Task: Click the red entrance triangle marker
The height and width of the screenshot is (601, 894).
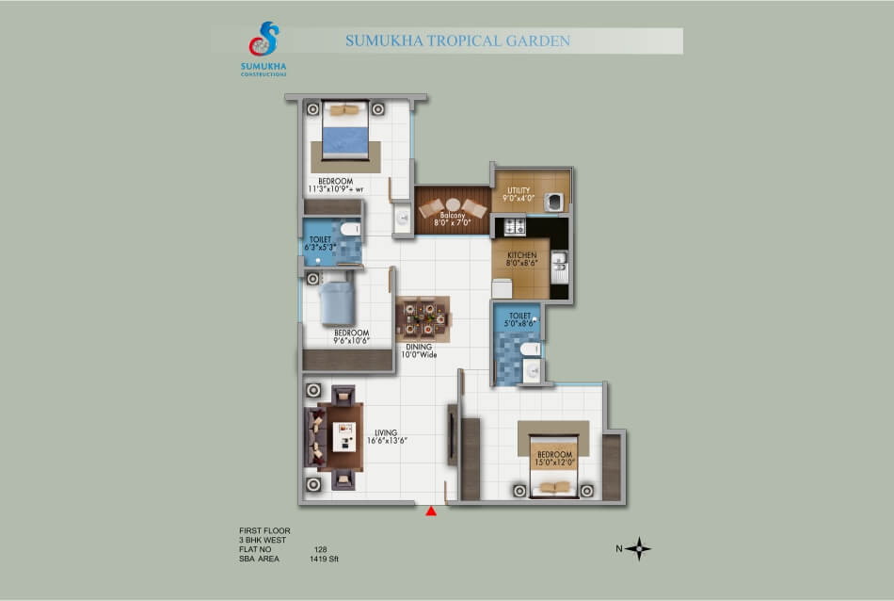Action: [x=431, y=511]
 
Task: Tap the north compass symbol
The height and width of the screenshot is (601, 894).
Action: [x=639, y=548]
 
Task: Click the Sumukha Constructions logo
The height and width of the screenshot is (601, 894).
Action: [x=263, y=49]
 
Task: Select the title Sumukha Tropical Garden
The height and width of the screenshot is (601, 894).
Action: [x=457, y=41]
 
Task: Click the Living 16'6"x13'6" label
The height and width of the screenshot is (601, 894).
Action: [x=387, y=437]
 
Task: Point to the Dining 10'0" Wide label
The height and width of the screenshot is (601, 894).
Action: [x=419, y=350]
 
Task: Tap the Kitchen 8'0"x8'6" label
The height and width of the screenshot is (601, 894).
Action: [x=521, y=259]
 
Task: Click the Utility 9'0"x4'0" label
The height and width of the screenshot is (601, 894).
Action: [x=519, y=194]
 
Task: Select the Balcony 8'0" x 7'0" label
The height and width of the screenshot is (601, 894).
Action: [x=452, y=219]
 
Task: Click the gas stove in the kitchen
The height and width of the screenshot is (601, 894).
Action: [x=514, y=227]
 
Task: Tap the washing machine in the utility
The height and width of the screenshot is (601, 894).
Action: [x=553, y=202]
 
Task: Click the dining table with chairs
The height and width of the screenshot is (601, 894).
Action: [x=423, y=319]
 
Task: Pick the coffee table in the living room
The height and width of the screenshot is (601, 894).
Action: [x=343, y=437]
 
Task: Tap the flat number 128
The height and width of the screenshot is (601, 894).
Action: [x=320, y=549]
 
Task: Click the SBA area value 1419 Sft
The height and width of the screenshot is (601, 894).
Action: [x=324, y=559]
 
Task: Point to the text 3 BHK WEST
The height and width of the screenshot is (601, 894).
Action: [x=263, y=540]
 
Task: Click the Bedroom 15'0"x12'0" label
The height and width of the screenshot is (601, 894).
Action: [x=555, y=459]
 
